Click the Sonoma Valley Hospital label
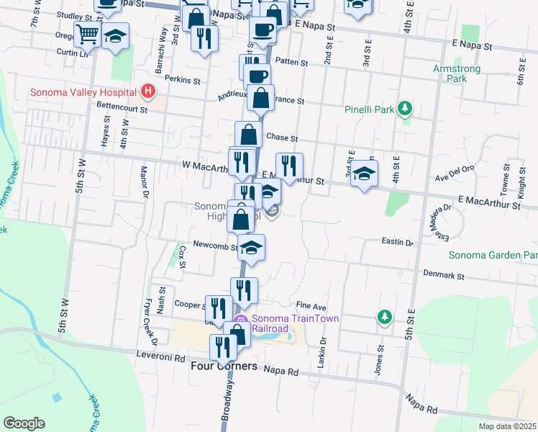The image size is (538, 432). click(x=84, y=91)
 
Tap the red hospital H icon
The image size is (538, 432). click(x=148, y=91)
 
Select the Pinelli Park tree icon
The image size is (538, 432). click(x=405, y=109)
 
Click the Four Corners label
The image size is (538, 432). click(x=224, y=366)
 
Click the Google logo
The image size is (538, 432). click(x=24, y=423)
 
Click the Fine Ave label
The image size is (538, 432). click(x=311, y=306)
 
